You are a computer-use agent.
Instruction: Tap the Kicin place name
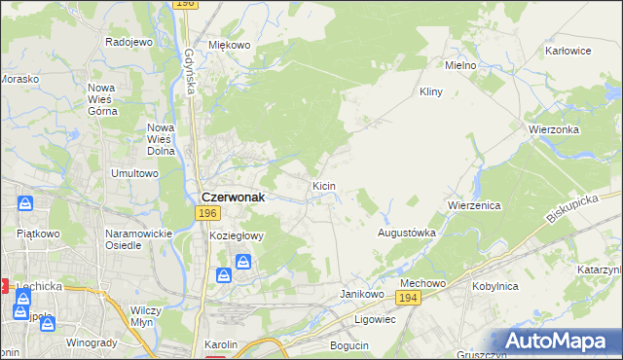[x=324, y=185]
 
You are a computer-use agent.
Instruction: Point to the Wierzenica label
[x=474, y=206]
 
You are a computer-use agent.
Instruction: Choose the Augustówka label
[x=406, y=234]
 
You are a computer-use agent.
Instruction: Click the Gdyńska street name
[x=189, y=72]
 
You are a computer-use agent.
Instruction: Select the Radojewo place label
[x=129, y=43]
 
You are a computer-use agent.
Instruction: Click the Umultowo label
[x=134, y=173]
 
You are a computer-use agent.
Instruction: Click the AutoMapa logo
[x=562, y=342]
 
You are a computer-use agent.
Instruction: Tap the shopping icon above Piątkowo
[x=26, y=204]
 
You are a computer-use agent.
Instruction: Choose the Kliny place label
[x=430, y=91]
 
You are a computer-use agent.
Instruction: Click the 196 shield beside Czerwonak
[x=206, y=212]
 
